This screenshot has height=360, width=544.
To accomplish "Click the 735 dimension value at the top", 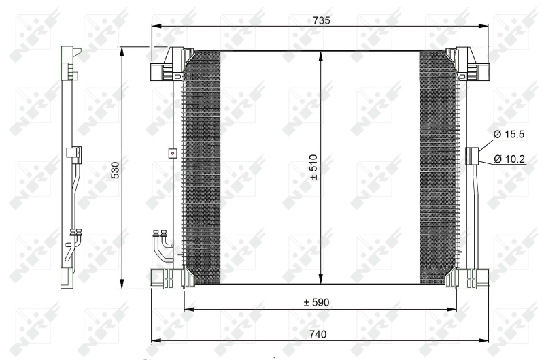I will pos(321,21).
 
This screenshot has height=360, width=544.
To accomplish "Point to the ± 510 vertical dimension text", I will pos(313,167).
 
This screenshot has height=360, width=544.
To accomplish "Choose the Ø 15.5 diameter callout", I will pos(509,135).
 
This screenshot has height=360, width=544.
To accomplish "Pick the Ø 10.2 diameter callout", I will pos(509,159).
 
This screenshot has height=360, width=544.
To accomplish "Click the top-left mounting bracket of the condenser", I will pos(167,65).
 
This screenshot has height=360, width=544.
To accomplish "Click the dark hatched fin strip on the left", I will pos(203,167).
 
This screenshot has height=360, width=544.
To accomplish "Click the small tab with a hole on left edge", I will pos(173,153).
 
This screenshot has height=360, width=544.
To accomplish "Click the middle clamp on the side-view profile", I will pos(70,154).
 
